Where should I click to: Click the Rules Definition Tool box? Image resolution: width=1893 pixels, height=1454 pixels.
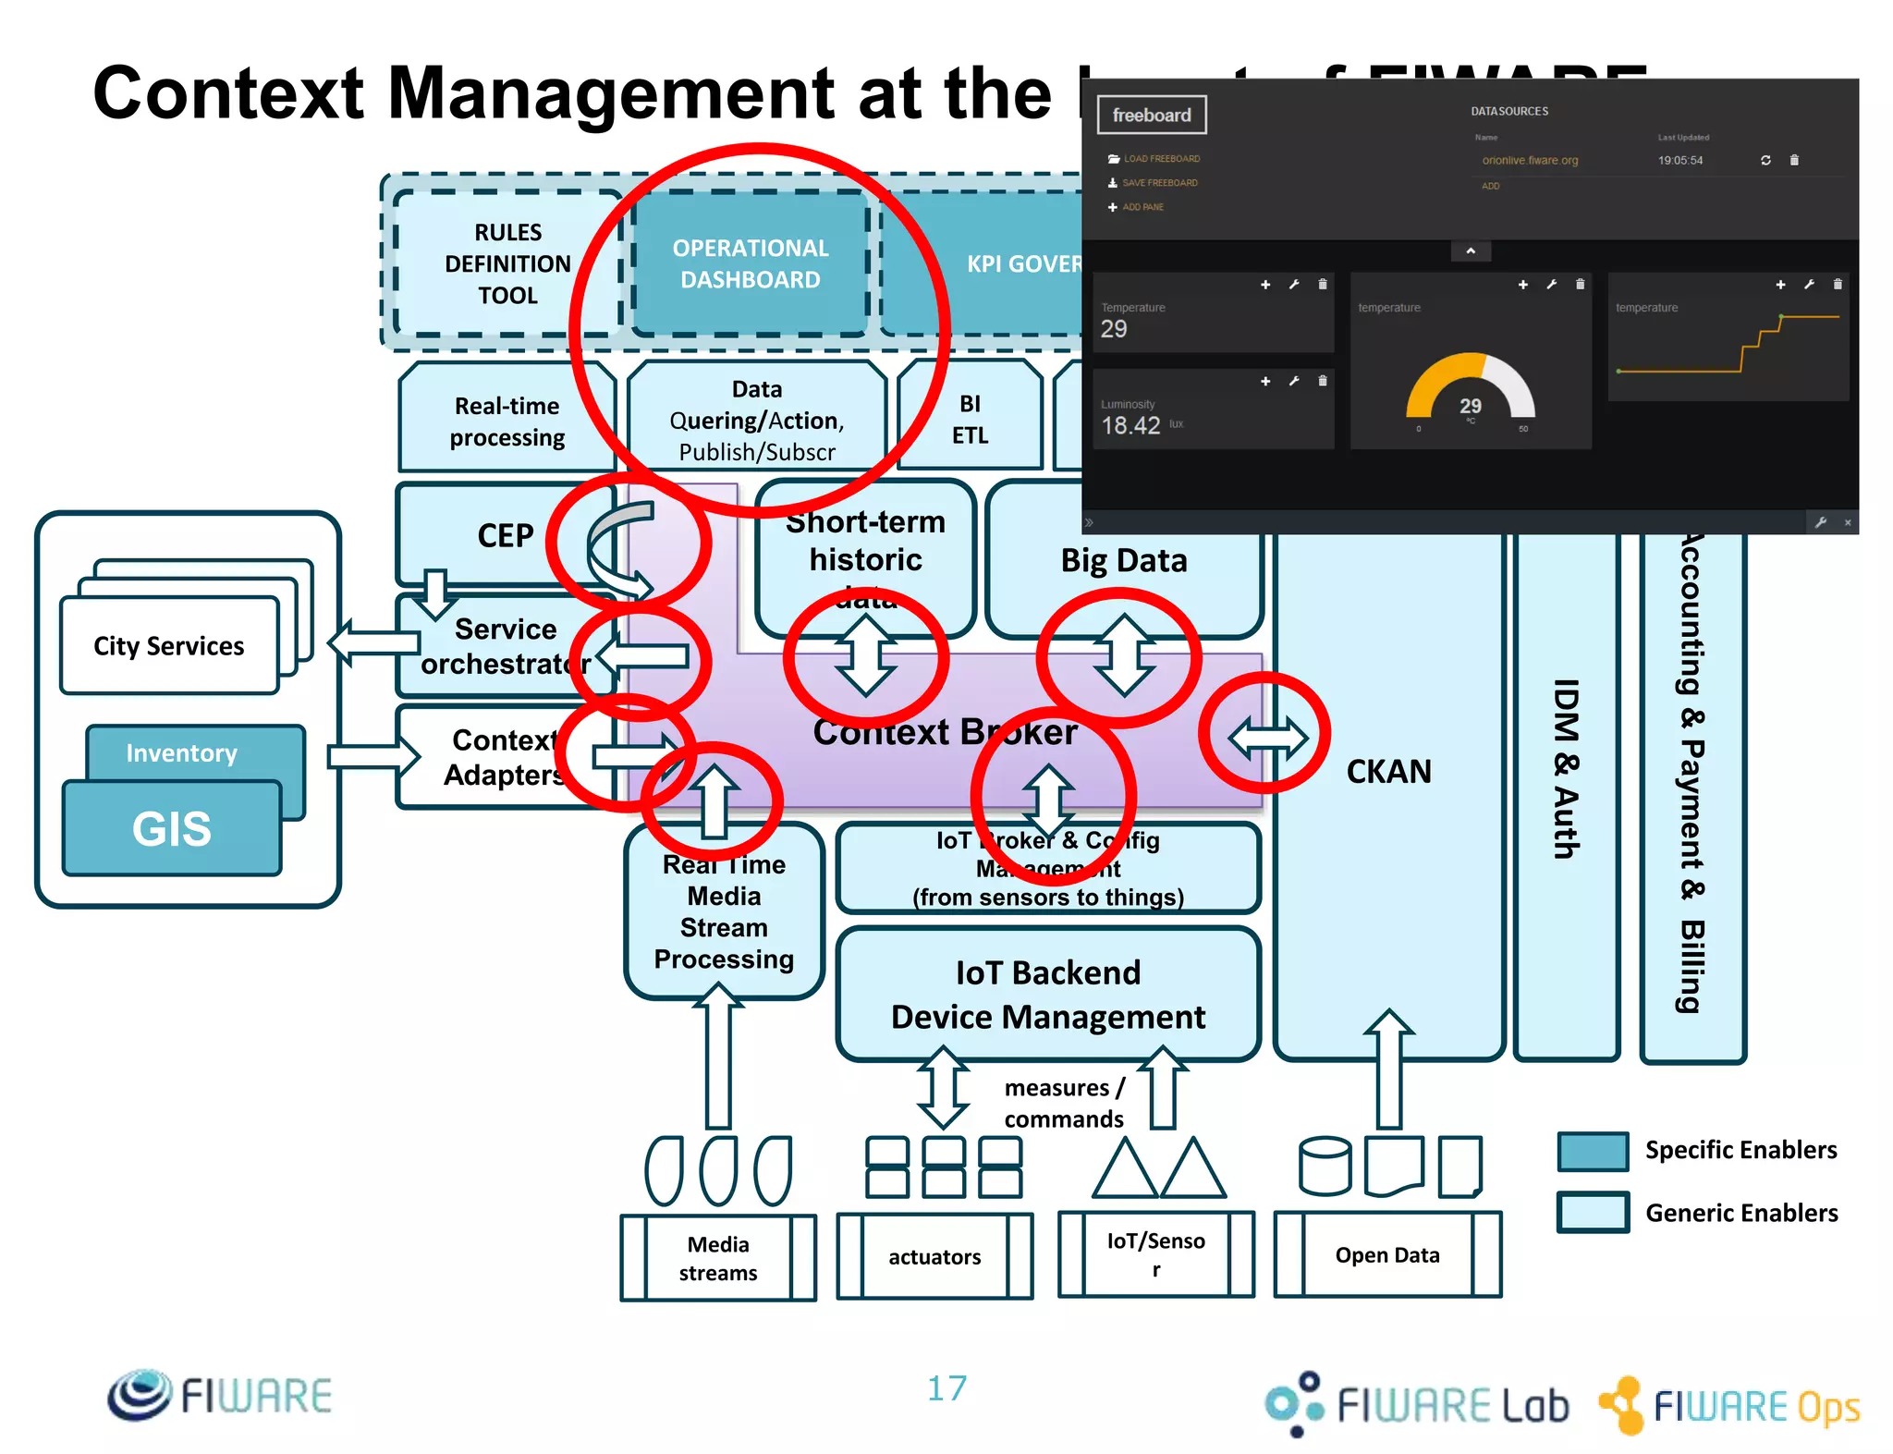pyautogui.click(x=507, y=263)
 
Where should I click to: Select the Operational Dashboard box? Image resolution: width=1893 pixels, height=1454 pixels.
pyautogui.click(x=750, y=263)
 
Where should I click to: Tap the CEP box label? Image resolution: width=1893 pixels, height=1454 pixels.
pyautogui.click(x=505, y=535)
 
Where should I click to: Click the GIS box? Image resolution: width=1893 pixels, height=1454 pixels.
pyautogui.click(x=172, y=828)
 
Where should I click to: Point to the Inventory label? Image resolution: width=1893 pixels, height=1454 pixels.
pyautogui.click(x=181, y=752)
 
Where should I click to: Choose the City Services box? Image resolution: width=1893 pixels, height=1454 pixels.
pyautogui.click(x=169, y=645)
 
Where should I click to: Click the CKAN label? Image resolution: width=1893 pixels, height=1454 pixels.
pyautogui.click(x=1388, y=771)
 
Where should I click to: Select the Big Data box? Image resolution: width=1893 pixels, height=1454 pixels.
pyautogui.click(x=1123, y=560)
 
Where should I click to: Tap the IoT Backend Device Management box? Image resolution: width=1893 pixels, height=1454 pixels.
pyautogui.click(x=1048, y=995)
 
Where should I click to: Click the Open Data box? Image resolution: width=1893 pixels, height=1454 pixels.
pyautogui.click(x=1387, y=1254)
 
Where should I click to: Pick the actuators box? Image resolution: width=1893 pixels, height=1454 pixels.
pyautogui.click(x=934, y=1256)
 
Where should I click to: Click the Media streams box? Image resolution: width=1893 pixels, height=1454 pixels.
pyautogui.click(x=718, y=1258)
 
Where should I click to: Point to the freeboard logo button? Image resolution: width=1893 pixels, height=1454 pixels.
pyautogui.click(x=1151, y=116)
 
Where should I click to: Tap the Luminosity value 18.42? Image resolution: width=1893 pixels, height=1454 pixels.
pyautogui.click(x=1130, y=425)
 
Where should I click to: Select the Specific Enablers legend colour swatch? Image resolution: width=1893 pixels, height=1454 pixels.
pyautogui.click(x=1593, y=1151)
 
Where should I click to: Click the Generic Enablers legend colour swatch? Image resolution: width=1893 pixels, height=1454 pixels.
pyautogui.click(x=1593, y=1212)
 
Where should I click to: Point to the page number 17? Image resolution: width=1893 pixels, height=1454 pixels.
pyautogui.click(x=946, y=1387)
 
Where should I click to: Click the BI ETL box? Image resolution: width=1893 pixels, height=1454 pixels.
pyautogui.click(x=970, y=419)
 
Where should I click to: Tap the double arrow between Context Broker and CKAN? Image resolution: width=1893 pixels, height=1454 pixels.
pyautogui.click(x=1267, y=737)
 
